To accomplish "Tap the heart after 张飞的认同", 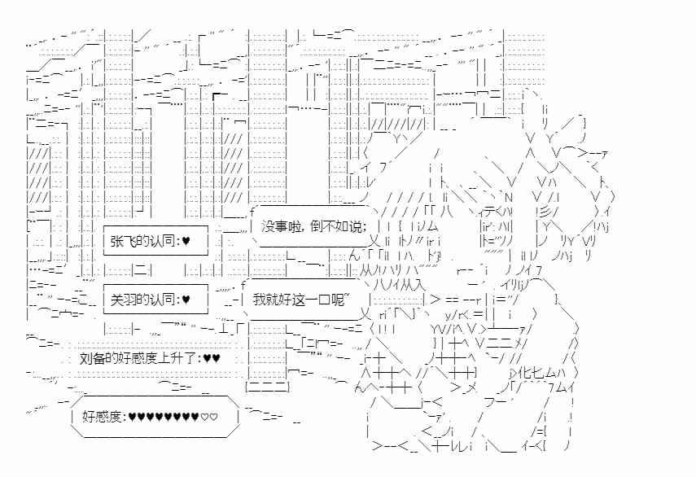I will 186,241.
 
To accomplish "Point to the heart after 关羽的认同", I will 186,300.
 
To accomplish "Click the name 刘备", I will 91,357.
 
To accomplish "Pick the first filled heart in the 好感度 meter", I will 133,418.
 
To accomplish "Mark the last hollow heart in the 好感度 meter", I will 214,418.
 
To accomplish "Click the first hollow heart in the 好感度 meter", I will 204,418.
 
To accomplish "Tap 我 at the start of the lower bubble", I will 258,299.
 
